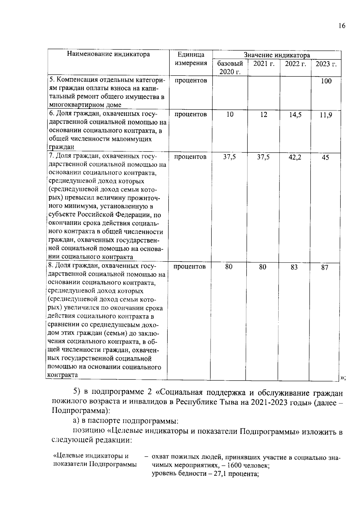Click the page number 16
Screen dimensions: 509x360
click(342, 26)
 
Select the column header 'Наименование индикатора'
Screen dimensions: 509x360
click(108, 54)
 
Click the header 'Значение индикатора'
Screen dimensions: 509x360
click(277, 55)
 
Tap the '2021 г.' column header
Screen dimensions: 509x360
click(264, 64)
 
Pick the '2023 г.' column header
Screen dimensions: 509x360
click(326, 64)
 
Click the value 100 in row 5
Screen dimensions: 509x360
click(326, 81)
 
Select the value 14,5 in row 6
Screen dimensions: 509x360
click(295, 115)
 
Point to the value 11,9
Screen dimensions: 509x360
click(326, 115)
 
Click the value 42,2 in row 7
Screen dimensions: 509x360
click(295, 157)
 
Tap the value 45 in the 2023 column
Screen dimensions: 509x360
click(325, 158)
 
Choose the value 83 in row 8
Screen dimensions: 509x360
click(294, 267)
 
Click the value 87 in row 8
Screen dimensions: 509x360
click(325, 268)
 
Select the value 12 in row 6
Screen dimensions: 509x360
click(264, 115)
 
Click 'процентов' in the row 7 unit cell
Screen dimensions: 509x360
click(190, 157)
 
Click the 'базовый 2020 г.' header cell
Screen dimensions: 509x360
click(230, 67)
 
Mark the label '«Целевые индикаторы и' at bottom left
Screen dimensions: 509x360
click(90, 456)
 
